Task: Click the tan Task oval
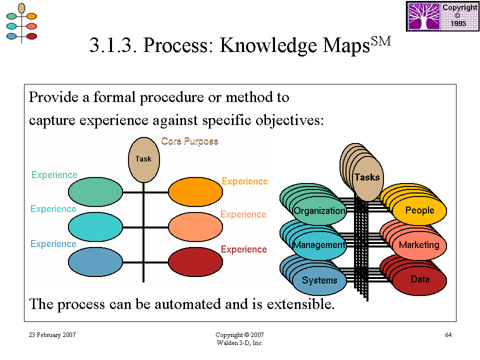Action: tap(143, 160)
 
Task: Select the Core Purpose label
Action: tap(189, 141)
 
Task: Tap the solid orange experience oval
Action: tap(195, 192)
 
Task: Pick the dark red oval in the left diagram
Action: tap(195, 262)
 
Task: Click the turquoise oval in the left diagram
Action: tap(95, 227)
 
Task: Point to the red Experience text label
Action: tap(243, 249)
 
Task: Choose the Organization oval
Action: tap(319, 210)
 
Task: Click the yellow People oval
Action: tap(419, 210)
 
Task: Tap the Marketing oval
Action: tap(419, 245)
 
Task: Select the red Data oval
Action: tap(419, 280)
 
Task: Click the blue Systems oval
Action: tap(319, 280)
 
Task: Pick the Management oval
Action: tap(319, 245)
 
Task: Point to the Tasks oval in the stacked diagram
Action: tap(367, 178)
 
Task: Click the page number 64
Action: tap(448, 335)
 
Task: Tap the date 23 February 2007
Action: tap(52, 335)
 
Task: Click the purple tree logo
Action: tap(424, 16)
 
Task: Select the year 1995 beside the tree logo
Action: tap(458, 23)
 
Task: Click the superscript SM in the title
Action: tap(381, 40)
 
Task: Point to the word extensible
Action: tap(300, 304)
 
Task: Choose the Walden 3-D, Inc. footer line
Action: tap(239, 343)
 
